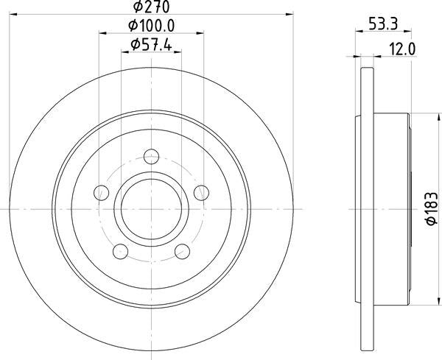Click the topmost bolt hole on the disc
(x=152, y=155)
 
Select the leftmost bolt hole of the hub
(x=102, y=193)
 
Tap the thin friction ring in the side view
(x=365, y=210)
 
